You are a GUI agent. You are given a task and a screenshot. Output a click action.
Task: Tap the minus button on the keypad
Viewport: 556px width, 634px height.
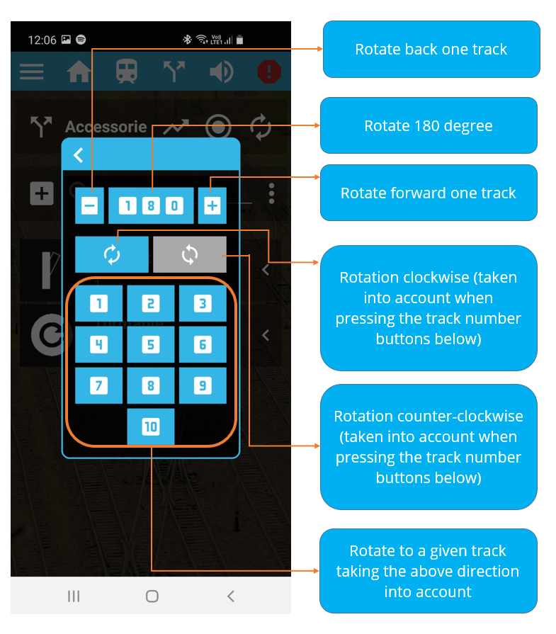pos(89,205)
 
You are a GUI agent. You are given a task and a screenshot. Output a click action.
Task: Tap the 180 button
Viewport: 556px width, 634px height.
pos(151,205)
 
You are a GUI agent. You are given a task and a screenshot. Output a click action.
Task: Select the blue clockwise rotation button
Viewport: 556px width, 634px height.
pos(112,255)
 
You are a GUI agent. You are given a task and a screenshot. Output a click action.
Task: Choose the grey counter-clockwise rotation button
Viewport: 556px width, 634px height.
pos(190,255)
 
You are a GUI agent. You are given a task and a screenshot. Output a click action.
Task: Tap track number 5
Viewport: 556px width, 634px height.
pos(151,344)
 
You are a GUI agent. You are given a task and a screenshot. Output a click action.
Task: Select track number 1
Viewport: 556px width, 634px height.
pos(98,303)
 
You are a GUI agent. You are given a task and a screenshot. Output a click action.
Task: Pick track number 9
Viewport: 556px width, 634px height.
pos(203,385)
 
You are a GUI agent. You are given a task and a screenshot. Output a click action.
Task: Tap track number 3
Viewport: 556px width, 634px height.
pos(203,303)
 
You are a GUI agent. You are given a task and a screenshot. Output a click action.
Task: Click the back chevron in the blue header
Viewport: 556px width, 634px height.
pos(78,155)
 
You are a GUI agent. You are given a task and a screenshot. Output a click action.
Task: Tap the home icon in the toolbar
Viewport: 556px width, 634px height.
pos(79,72)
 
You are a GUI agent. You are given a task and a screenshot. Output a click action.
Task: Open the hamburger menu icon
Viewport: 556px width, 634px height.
pos(32,72)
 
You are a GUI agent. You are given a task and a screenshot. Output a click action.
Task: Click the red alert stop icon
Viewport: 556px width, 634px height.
pos(269,72)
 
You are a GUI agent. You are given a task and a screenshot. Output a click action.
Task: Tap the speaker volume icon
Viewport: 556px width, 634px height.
pos(222,72)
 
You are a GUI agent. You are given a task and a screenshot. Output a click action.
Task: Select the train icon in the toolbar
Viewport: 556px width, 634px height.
pos(127,72)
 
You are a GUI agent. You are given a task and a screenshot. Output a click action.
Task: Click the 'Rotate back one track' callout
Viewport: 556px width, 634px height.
pos(431,50)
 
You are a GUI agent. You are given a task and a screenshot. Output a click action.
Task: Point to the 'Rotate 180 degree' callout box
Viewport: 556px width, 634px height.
pos(429,125)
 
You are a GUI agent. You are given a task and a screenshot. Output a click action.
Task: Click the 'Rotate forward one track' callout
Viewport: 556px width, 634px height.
pos(429,193)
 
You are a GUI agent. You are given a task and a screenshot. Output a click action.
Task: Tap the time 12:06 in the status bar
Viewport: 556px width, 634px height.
pos(42,40)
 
